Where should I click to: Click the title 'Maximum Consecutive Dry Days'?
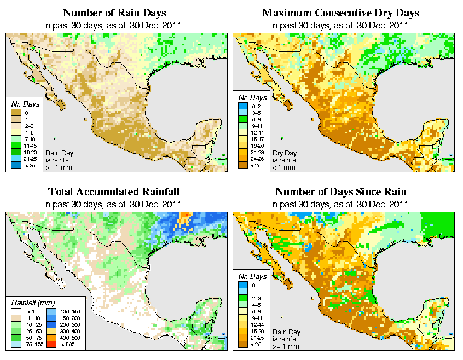(x=340, y=13)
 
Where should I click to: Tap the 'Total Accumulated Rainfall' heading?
(x=114, y=192)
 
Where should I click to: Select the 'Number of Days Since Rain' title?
(x=340, y=192)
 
